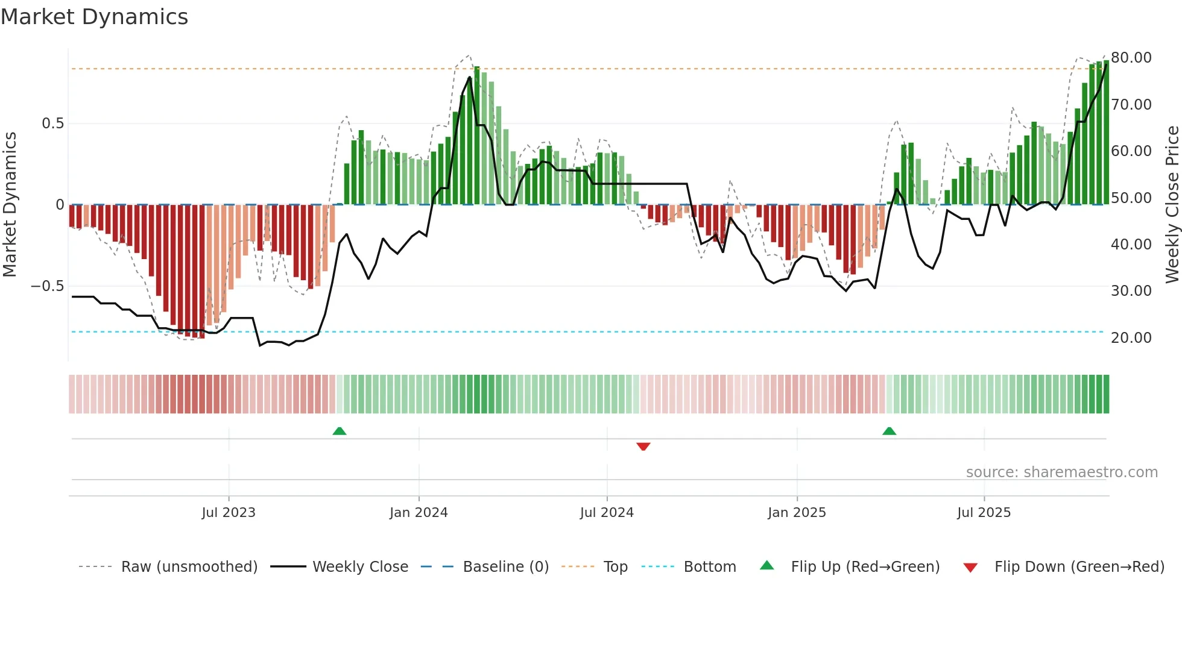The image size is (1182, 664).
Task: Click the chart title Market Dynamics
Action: [x=94, y=17]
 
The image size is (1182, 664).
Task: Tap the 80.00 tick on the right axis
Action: [x=1131, y=58]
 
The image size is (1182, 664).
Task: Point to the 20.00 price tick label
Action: [x=1131, y=338]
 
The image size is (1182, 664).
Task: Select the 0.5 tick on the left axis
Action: [x=52, y=124]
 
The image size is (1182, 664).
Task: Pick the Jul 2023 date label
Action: [x=229, y=513]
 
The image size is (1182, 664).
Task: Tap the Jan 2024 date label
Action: [x=419, y=513]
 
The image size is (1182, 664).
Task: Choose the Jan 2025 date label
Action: [x=797, y=513]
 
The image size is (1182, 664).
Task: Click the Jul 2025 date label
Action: [x=984, y=513]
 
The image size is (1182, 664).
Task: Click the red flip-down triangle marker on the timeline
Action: [x=643, y=446]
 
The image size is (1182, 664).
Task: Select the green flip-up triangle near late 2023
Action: [x=340, y=431]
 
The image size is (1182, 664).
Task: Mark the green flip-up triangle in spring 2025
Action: [x=889, y=431]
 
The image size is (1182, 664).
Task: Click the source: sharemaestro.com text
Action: [x=1061, y=472]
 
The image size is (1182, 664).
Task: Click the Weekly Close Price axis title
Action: [x=1172, y=205]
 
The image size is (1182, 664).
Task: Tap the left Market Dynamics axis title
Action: [x=10, y=205]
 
